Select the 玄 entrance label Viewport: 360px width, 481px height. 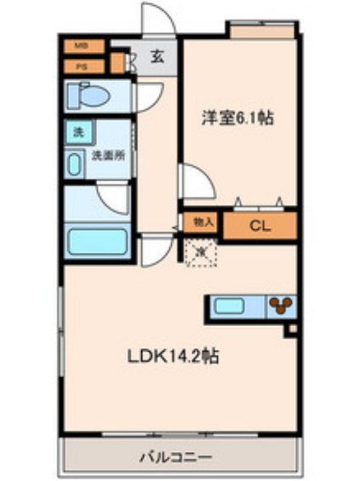point(157,58)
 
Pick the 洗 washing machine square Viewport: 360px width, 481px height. point(78,133)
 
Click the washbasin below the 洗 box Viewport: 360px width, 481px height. point(75,163)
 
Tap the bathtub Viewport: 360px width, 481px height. point(95,242)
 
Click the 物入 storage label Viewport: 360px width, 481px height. point(203,222)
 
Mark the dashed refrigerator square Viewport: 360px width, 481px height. point(201,252)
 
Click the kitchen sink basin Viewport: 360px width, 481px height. point(231,306)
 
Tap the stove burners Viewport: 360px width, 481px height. point(280,306)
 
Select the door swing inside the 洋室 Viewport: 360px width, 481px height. point(193,181)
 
